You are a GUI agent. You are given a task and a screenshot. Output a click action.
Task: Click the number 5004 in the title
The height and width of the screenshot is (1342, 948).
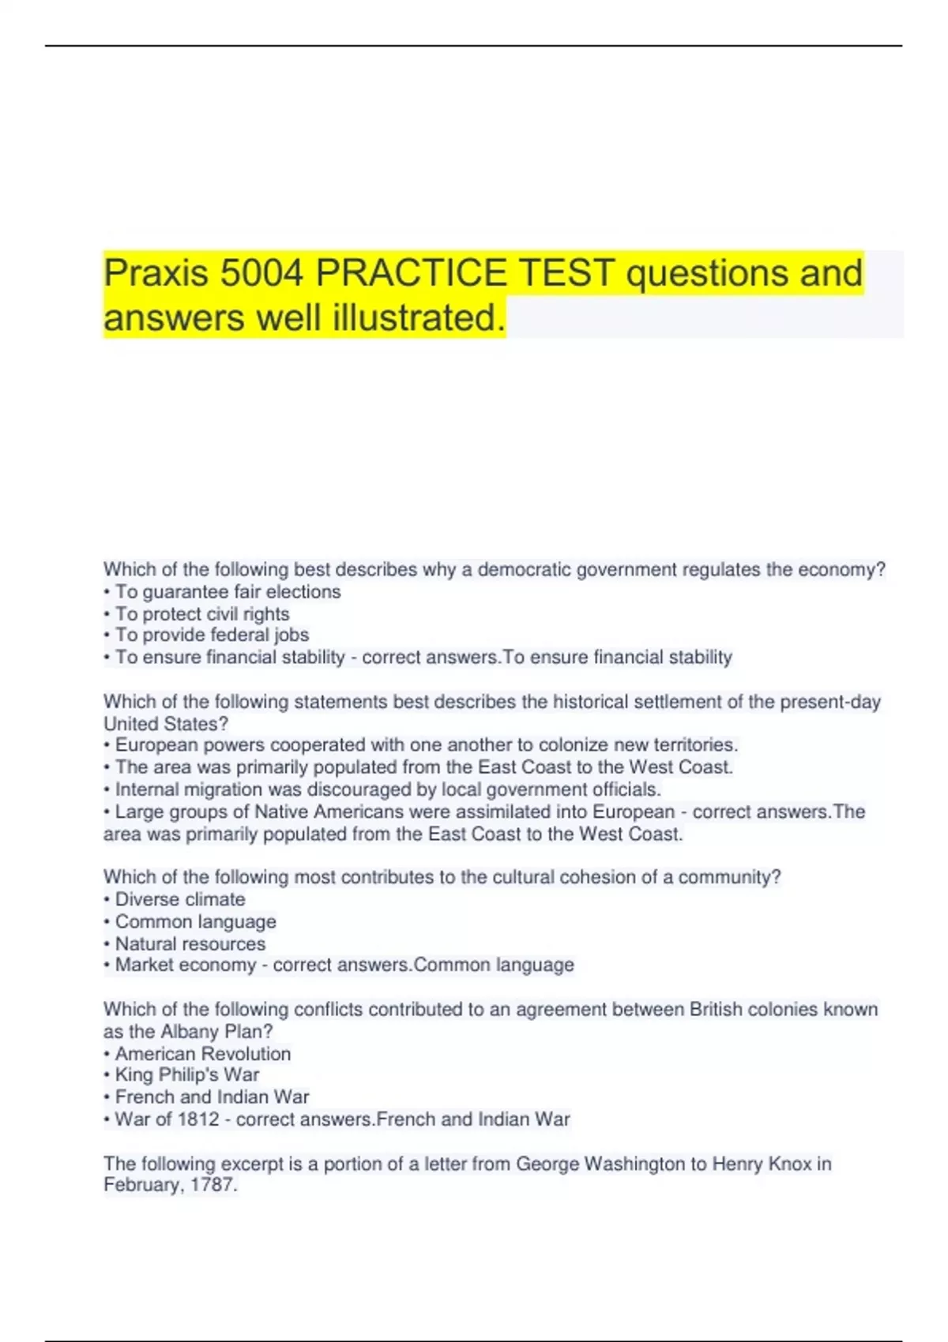261,273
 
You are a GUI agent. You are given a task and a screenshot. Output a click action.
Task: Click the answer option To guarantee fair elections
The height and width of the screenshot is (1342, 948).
228,592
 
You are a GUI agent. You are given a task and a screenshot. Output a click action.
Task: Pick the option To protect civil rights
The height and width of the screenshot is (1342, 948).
202,614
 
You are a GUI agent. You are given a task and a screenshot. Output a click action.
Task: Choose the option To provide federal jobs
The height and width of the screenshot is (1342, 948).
212,635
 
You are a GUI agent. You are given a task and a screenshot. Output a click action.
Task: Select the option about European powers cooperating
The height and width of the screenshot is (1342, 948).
427,745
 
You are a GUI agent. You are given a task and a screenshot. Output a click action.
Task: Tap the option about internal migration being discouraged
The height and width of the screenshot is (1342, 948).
388,789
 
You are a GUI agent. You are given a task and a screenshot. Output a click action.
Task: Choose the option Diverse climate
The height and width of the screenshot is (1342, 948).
180,899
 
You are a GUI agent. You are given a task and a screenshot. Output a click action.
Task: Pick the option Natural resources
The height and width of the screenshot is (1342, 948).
190,943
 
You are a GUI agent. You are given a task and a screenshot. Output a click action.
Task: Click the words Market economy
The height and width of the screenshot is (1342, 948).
186,965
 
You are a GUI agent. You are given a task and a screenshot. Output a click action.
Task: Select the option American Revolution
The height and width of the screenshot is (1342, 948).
203,1054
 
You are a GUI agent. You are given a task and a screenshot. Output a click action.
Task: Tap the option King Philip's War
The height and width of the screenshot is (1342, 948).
187,1075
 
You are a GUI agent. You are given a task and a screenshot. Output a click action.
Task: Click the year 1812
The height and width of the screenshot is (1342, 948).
198,1119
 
